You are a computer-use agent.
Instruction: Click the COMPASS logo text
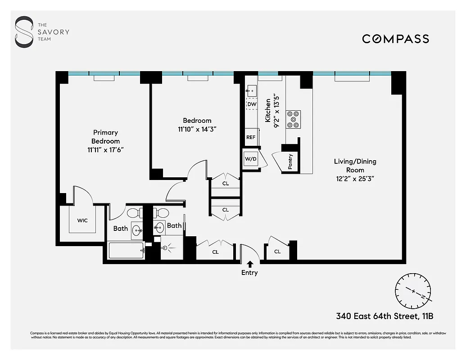[x=395, y=39]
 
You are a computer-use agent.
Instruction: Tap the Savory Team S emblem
[x=24, y=32]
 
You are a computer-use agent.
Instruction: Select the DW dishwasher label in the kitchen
[x=252, y=104]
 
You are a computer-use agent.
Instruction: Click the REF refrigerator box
[x=251, y=137]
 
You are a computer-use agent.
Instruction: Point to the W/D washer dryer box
[x=250, y=158]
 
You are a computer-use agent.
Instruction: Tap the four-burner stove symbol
[x=294, y=119]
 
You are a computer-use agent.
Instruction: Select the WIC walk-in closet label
[x=82, y=220]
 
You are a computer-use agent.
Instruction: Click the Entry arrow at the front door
[x=250, y=265]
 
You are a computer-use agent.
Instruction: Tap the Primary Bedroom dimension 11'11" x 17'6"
[x=105, y=150]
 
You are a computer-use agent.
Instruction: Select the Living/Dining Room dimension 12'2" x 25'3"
[x=355, y=178]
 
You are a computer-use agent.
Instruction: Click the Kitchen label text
[x=268, y=111]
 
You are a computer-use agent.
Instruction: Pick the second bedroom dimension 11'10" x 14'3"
[x=197, y=129]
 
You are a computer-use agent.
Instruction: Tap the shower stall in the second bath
[x=172, y=248]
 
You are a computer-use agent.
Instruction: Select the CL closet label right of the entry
[x=277, y=252]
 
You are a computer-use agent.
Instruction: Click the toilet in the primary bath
[x=134, y=212]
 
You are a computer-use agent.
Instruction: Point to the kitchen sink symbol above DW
[x=251, y=91]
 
